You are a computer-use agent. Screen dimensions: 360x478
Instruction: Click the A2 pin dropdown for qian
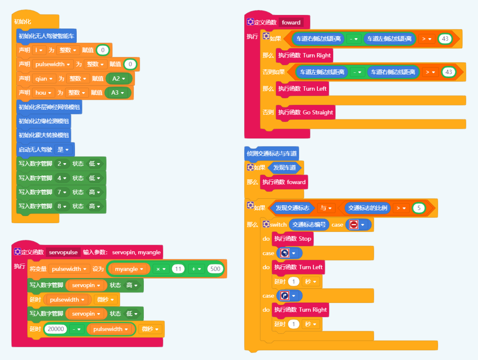[x=119, y=78]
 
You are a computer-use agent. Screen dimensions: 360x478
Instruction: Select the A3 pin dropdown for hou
[x=118, y=93]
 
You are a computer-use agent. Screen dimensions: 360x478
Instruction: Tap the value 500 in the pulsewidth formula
[x=216, y=269]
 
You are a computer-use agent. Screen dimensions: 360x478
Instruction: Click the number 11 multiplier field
[x=178, y=269]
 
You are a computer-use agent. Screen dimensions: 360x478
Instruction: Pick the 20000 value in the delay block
[x=56, y=329]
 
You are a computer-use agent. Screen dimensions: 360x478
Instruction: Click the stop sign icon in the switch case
[x=354, y=225]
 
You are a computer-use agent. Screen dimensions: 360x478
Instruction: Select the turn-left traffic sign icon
[x=284, y=253]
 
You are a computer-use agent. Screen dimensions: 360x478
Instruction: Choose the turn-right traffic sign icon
[x=284, y=296]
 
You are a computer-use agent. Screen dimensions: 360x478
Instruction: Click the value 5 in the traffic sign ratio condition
[x=419, y=208]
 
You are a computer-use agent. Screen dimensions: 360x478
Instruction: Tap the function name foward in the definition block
[x=291, y=22]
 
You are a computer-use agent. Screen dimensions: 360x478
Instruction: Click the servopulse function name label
[x=63, y=252]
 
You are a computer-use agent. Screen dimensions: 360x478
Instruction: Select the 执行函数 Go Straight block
[x=306, y=112]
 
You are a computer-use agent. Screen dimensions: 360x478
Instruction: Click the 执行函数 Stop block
[x=293, y=239]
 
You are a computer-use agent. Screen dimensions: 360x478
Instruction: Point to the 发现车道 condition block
[x=285, y=168]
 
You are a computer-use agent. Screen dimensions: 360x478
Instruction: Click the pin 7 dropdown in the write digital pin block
[x=61, y=192]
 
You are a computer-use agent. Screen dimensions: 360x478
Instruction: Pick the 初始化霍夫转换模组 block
[x=44, y=135]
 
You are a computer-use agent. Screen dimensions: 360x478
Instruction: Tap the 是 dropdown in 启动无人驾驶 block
[x=63, y=150]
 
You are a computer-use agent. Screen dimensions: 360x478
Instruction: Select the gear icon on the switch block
[x=266, y=225]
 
